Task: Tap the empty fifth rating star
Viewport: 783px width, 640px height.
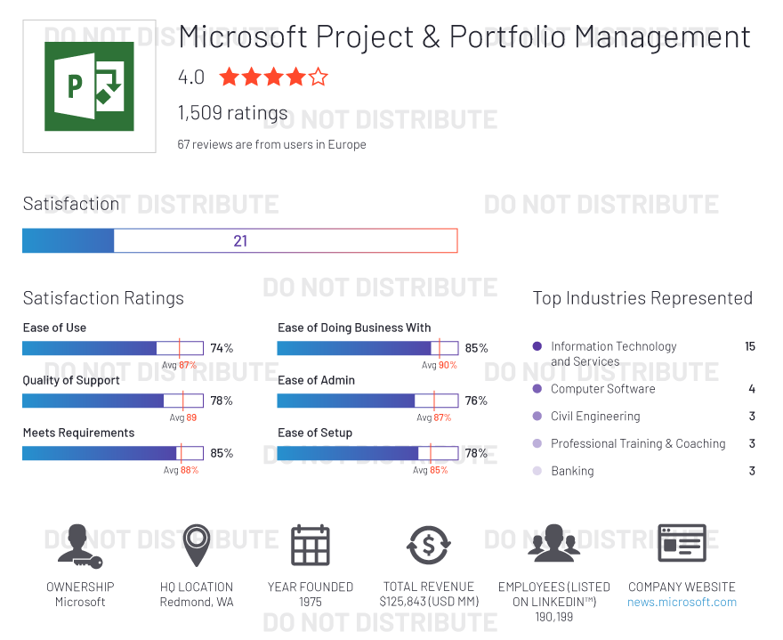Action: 319,77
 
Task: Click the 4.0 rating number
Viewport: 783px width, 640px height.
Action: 191,77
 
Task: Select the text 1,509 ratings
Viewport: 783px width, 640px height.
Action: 233,113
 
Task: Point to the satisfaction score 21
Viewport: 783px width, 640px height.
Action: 240,241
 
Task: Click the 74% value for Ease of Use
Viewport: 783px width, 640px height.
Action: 222,348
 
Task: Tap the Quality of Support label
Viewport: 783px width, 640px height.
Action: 71,380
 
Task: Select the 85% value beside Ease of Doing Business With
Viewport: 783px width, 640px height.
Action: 476,348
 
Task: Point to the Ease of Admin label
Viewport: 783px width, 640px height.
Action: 316,380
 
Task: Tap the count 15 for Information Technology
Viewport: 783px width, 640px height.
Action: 750,346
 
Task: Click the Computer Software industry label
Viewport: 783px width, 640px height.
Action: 602,389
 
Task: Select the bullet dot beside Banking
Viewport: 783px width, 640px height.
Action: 537,470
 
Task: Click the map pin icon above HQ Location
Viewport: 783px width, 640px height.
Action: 197,544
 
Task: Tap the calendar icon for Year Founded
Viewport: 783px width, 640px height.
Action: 311,545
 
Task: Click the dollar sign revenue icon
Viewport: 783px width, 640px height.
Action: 428,545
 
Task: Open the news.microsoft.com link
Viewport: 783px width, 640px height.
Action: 682,602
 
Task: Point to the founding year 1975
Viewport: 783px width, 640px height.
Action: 311,602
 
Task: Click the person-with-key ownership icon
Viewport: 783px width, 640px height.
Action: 79,546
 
